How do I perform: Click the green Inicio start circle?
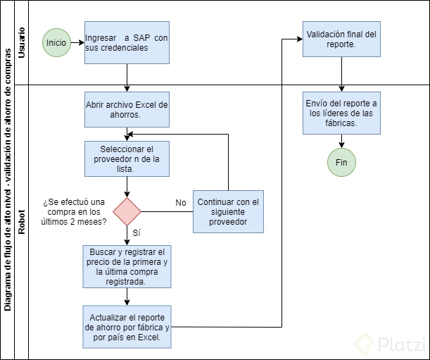click(56, 42)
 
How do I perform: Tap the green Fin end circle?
click(341, 163)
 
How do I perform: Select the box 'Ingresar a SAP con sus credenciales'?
click(127, 42)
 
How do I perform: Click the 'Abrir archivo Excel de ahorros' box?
click(127, 110)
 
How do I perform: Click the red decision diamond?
click(127, 211)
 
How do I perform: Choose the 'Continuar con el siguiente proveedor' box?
click(229, 211)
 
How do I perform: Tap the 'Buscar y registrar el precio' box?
click(127, 266)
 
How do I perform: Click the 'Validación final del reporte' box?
click(341, 39)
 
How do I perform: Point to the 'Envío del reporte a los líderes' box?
click(341, 113)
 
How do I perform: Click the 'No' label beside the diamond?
click(181, 203)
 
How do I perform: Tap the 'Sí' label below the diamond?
click(137, 232)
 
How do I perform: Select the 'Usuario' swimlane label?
click(22, 42)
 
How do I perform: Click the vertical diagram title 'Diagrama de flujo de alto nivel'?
click(8, 180)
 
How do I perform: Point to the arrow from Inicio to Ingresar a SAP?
click(77, 42)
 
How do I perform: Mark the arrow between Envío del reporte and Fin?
click(341, 141)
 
